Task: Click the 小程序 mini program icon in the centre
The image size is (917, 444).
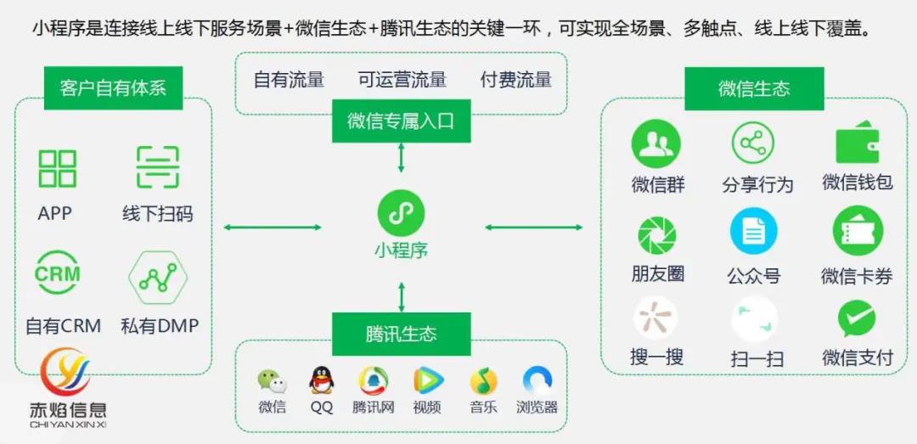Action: (401, 214)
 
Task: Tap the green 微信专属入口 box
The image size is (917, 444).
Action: (401, 121)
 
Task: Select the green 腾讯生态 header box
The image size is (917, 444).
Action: (401, 334)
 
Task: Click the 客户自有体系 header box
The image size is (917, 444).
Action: (113, 88)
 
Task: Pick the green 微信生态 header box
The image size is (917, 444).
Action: (754, 88)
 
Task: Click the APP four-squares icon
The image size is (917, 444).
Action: (58, 167)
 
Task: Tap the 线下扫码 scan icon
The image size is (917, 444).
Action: (158, 167)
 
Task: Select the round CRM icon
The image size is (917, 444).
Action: (58, 274)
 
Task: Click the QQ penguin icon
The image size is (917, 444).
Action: (321, 380)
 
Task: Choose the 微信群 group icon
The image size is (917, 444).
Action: (655, 144)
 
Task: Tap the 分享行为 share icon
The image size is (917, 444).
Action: (752, 144)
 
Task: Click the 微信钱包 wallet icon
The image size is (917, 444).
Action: (857, 145)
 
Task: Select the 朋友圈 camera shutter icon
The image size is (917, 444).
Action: (657, 234)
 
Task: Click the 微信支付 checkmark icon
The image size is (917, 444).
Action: (857, 320)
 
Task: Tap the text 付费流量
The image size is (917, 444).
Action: (515, 80)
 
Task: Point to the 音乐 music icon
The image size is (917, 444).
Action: (483, 380)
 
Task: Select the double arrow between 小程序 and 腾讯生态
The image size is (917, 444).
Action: (401, 296)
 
